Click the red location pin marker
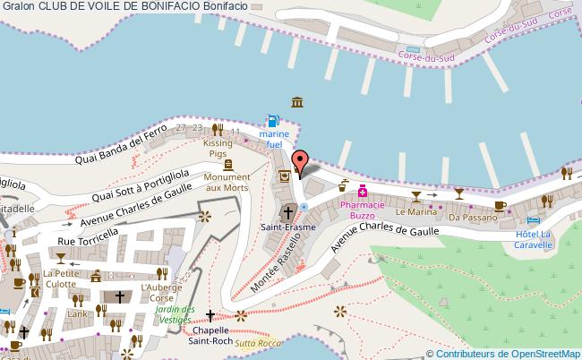[x=301, y=161]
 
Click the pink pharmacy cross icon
[x=363, y=191]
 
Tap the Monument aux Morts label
[x=227, y=182]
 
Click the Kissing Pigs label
[x=218, y=148]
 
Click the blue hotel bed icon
[x=535, y=220]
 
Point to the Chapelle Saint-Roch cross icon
[x=210, y=315]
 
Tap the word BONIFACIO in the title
[x=168, y=7]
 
